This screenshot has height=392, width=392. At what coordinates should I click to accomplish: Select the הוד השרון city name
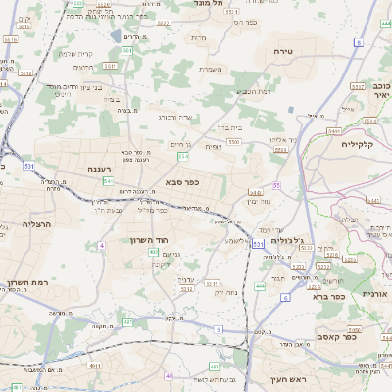[149, 239]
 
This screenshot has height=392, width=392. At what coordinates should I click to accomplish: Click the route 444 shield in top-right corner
[385, 8]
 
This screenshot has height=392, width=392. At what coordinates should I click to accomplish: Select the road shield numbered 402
[154, 253]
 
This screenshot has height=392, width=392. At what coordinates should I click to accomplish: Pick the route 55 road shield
[277, 184]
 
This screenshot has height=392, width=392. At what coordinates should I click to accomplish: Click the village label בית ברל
[227, 126]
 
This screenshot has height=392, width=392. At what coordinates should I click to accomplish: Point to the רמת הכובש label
[254, 91]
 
